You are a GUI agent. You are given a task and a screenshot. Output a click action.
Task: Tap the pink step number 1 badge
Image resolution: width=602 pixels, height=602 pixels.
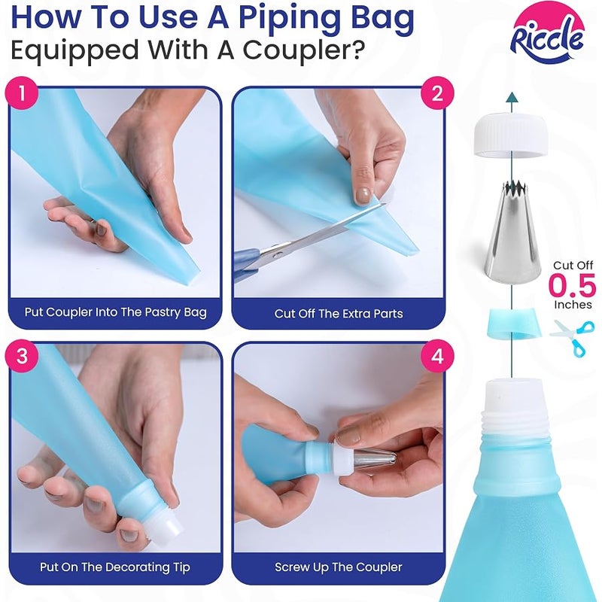click(22, 93)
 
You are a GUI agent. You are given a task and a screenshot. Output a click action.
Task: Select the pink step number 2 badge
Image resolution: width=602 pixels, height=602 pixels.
click(437, 93)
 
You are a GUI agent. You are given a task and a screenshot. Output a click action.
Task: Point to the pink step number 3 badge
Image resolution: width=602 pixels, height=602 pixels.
click(22, 356)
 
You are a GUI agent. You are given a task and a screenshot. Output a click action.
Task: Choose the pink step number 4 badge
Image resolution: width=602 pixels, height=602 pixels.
click(437, 356)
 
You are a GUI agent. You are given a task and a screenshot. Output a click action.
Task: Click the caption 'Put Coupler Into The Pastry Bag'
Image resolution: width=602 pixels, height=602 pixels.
click(116, 312)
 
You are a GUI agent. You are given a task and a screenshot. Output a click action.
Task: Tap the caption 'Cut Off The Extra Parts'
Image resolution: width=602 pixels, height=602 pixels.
click(339, 314)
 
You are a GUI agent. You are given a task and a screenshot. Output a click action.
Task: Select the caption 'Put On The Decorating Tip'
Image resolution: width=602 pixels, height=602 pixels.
click(115, 567)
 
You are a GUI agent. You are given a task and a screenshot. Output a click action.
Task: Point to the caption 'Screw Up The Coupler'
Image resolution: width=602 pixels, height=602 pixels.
click(339, 567)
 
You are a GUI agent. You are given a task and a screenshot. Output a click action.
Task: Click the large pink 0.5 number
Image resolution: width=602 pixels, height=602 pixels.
click(572, 286)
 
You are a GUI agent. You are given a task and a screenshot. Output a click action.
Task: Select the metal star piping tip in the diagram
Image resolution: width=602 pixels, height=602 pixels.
click(512, 231)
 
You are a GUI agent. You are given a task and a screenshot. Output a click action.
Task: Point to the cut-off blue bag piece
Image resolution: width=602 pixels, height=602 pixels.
click(513, 323)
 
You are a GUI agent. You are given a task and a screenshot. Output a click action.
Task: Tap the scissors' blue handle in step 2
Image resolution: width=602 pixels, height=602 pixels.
click(247, 263)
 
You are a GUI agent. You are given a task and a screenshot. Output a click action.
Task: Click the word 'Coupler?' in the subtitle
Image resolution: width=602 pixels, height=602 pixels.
click(303, 51)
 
